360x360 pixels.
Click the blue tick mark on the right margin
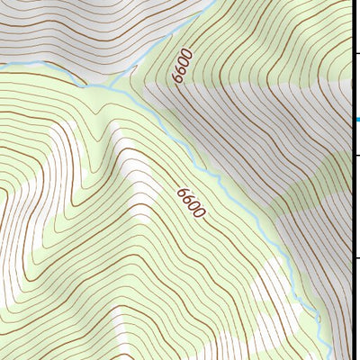357,120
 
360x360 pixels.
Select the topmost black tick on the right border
355,54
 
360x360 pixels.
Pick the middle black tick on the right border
355,155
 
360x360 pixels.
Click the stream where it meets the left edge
2,65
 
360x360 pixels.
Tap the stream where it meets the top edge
214,2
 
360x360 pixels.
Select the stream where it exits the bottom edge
331,357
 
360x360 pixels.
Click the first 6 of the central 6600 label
183,192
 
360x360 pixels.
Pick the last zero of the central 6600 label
202,215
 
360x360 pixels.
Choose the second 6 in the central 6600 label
189,199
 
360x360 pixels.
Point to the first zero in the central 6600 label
195,207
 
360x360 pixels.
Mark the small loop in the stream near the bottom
318,315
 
